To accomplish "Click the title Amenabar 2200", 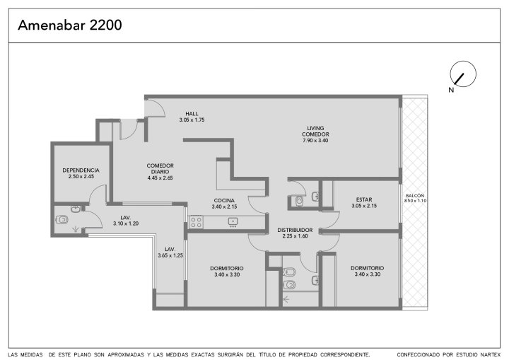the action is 70,25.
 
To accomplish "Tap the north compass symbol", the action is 462,74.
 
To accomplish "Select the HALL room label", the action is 192,114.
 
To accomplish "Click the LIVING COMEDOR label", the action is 315,132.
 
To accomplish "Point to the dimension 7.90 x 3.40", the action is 315,140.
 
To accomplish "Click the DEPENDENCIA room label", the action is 81,170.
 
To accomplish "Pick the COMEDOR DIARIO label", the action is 160,168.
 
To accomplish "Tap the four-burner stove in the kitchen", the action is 196,222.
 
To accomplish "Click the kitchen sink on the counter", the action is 233,221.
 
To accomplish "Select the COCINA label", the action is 224,200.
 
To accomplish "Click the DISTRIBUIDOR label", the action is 295,230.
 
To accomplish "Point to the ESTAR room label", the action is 364,199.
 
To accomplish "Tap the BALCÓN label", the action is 415,196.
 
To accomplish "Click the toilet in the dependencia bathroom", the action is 62,220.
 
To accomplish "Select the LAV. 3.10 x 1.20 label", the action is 126,221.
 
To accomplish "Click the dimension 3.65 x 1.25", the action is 170,255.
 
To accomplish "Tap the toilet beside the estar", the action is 299,201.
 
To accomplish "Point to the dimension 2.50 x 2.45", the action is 81,176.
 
